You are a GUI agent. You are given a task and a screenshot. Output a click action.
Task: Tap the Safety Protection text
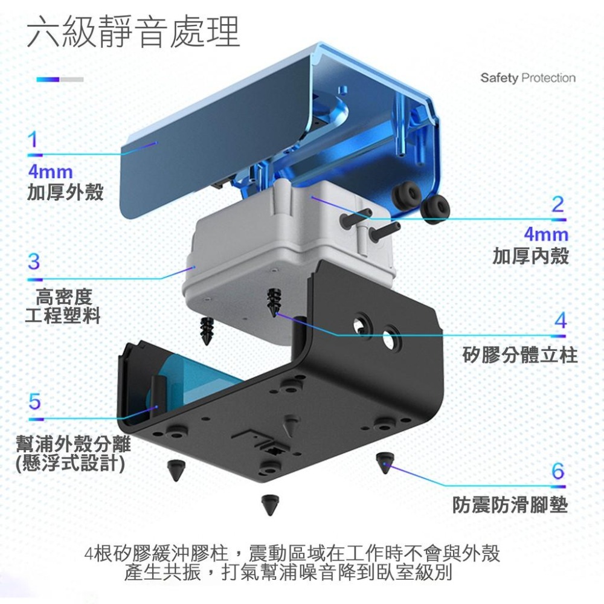528,78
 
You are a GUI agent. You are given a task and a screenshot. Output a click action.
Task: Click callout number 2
557,204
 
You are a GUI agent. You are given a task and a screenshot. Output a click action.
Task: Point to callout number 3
34,262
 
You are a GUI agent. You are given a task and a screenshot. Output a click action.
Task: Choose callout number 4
560,320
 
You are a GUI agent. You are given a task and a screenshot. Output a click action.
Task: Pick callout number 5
34,401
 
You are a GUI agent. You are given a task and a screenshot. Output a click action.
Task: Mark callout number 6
558,471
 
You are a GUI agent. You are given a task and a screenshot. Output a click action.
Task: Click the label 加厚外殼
65,192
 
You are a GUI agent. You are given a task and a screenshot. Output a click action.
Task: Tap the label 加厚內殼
530,255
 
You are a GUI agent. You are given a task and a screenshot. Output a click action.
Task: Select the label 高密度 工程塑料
63,306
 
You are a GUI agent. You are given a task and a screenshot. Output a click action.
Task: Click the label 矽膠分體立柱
520,355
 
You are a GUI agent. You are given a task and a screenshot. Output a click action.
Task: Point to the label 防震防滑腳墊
510,504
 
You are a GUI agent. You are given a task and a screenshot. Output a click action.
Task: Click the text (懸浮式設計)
71,463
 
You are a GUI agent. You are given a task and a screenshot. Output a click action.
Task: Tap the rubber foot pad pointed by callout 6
384,463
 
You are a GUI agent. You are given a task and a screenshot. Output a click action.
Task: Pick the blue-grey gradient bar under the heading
59,79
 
